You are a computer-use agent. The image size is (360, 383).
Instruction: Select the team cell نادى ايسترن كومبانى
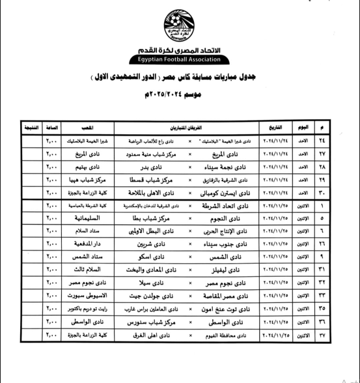coord(221,193)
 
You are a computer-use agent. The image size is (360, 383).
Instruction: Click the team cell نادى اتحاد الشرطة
coord(222,206)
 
